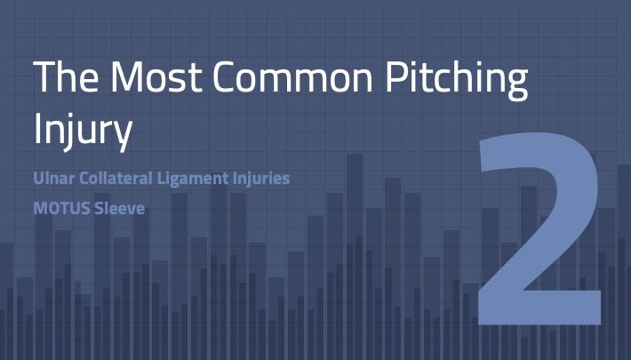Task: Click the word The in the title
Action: [66, 76]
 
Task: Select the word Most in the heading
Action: [156, 76]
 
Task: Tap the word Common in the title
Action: [293, 76]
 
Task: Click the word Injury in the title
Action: [83, 131]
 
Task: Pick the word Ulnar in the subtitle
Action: [53, 178]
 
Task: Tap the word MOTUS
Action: [61, 209]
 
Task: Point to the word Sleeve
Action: [119, 209]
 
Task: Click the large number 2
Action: [539, 228]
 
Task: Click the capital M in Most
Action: [127, 76]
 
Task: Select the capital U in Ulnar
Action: [39, 179]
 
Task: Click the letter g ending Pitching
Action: [516, 84]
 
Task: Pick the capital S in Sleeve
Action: [99, 209]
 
